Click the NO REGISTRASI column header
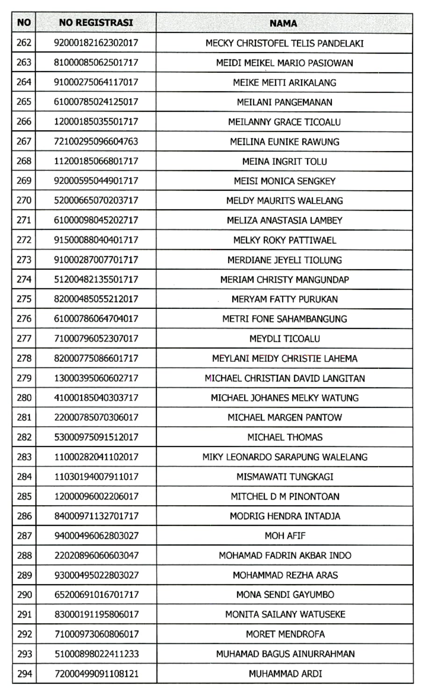click(96, 22)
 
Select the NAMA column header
click(283, 23)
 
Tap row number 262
click(24, 43)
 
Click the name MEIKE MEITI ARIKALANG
click(284, 83)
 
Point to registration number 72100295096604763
click(96, 142)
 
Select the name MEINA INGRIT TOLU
click(284, 162)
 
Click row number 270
click(24, 201)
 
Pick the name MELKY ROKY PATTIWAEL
click(284, 240)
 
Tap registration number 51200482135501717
click(96, 279)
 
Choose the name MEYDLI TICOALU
click(284, 339)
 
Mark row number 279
click(24, 378)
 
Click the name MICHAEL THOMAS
click(284, 437)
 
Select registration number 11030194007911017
click(96, 477)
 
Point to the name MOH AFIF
click(284, 536)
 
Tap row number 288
click(24, 556)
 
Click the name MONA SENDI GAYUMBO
click(284, 595)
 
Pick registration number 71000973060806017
click(96, 634)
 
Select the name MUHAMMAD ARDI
click(284, 674)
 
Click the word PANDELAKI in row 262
click(340, 43)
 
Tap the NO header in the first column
click(24, 22)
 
